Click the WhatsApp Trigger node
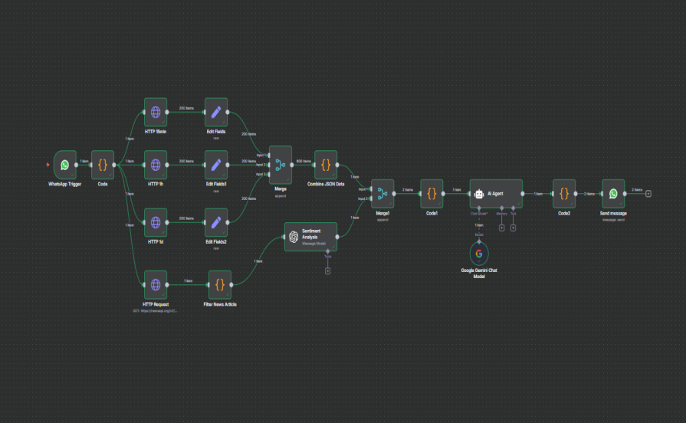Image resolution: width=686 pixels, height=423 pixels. click(65, 164)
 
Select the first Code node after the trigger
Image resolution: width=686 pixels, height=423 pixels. click(102, 164)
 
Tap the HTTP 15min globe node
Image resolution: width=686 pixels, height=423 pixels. click(156, 113)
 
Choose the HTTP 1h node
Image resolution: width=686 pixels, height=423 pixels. click(156, 164)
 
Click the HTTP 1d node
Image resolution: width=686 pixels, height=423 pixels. click(156, 222)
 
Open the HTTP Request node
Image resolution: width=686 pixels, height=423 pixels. click(156, 284)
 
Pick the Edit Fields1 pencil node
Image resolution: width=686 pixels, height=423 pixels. click(216, 164)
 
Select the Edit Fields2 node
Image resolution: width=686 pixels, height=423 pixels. click(216, 222)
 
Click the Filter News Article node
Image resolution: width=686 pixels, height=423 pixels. click(219, 284)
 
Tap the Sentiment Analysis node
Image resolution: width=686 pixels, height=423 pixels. click(310, 237)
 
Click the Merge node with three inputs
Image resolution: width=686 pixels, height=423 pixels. click(280, 164)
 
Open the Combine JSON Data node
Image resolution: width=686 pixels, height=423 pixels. click(326, 164)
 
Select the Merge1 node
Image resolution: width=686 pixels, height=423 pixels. click(382, 194)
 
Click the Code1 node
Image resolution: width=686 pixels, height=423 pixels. click(432, 194)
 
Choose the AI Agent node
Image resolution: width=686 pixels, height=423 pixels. click(495, 194)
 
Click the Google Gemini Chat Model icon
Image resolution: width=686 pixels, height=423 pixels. click(479, 254)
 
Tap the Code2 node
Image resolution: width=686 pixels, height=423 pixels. click(564, 194)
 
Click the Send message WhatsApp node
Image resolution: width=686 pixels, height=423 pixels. click(613, 194)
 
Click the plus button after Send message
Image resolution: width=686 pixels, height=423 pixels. click(648, 194)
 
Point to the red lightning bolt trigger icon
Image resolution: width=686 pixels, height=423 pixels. click(49, 164)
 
